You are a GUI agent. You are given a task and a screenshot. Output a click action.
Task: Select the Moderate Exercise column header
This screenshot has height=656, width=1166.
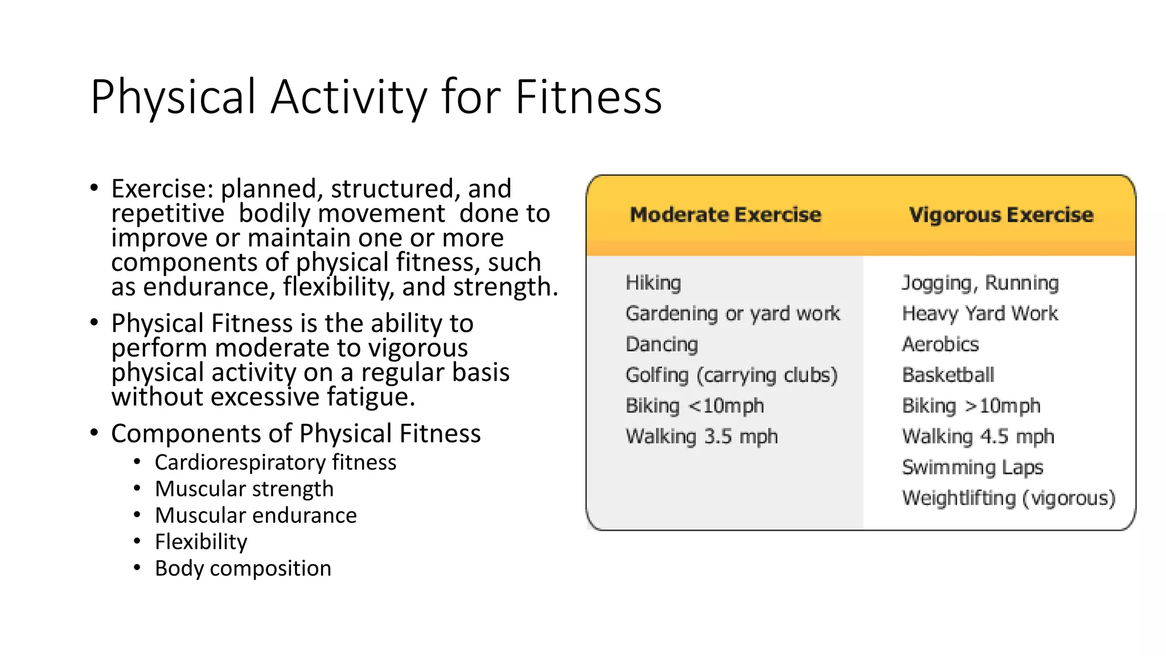pyautogui.click(x=725, y=215)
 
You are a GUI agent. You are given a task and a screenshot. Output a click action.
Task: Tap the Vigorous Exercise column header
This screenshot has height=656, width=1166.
pyautogui.click(x=1001, y=215)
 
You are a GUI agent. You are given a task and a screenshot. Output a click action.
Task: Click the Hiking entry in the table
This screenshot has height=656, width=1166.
pyautogui.click(x=653, y=282)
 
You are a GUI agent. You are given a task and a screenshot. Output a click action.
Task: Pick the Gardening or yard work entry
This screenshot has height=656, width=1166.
pyautogui.click(x=732, y=314)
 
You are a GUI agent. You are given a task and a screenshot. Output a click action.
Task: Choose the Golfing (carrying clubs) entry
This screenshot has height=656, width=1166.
pyautogui.click(x=731, y=375)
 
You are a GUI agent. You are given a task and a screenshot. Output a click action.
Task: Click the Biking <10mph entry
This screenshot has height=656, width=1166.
pyautogui.click(x=695, y=406)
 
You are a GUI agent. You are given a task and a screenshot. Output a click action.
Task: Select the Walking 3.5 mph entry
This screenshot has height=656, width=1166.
pyautogui.click(x=701, y=437)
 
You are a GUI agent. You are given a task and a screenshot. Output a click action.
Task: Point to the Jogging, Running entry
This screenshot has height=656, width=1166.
pyautogui.click(x=980, y=282)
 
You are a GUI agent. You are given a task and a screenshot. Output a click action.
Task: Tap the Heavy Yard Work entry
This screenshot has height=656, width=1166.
pyautogui.click(x=980, y=313)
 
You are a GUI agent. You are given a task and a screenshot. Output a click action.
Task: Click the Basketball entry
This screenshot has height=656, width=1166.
pyautogui.click(x=948, y=375)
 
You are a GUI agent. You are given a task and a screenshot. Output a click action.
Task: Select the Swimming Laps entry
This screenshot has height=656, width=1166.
pyautogui.click(x=972, y=468)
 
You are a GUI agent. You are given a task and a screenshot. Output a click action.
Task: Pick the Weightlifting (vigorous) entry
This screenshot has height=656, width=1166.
pyautogui.click(x=1008, y=498)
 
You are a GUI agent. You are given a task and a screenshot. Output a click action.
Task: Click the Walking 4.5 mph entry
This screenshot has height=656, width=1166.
pyautogui.click(x=978, y=437)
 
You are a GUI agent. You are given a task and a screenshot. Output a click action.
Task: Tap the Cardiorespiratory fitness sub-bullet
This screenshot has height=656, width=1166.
pyautogui.click(x=275, y=462)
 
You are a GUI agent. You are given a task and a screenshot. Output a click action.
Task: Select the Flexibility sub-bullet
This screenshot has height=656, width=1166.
pyautogui.click(x=201, y=542)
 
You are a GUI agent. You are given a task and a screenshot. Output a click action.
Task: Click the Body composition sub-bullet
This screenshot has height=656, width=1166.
pyautogui.click(x=243, y=568)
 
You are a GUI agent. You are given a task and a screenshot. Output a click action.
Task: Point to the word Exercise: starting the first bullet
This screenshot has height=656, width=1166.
pyautogui.click(x=162, y=189)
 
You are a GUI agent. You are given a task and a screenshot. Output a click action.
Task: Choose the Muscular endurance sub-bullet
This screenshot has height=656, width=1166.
pyautogui.click(x=256, y=515)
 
